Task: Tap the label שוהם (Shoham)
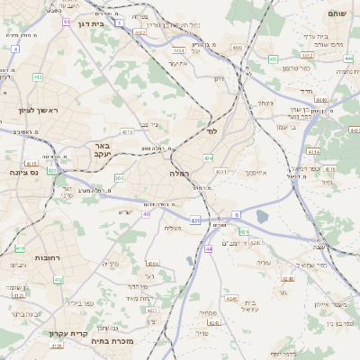pyautogui.click(x=337, y=13)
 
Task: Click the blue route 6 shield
pyautogui.click(x=237, y=214)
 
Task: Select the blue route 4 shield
pyautogui.click(x=15, y=48)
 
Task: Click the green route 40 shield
pyautogui.click(x=147, y=213)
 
